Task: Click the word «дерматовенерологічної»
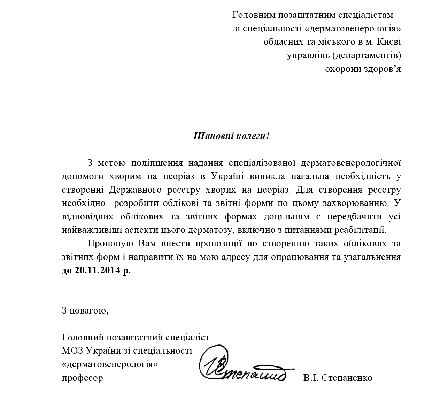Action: coord(350,163)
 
